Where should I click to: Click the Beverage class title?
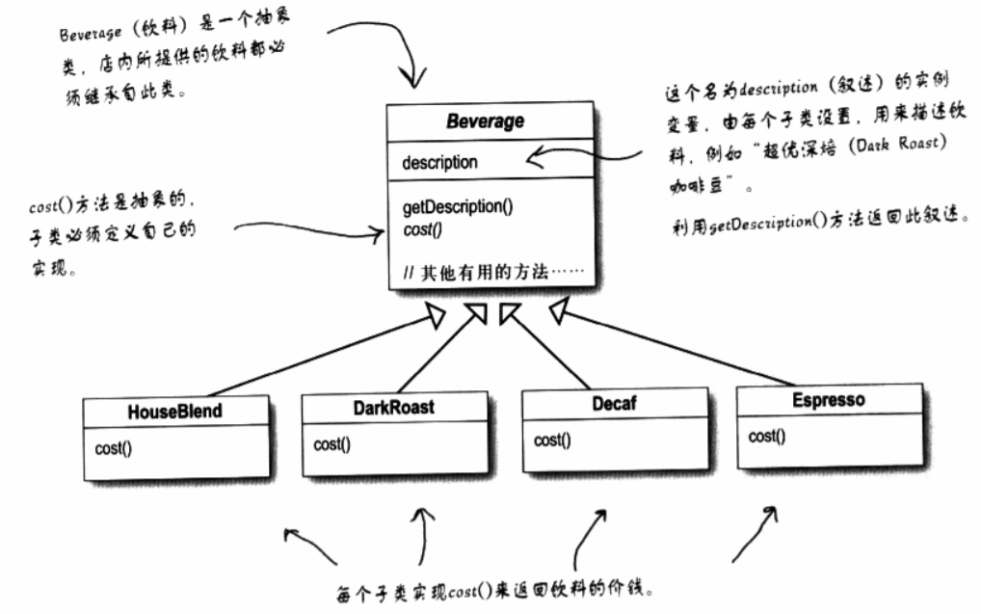(x=485, y=122)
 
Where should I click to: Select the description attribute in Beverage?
(x=439, y=162)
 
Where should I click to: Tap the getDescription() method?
(x=457, y=207)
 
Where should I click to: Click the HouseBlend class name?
(x=174, y=411)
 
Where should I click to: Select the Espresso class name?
(x=828, y=399)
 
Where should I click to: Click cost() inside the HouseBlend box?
(x=114, y=448)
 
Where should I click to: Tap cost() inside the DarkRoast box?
(x=332, y=444)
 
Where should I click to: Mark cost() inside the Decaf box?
(x=552, y=440)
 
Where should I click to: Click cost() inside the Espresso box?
(x=767, y=437)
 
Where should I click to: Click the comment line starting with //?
(x=490, y=273)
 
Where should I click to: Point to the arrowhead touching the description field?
(x=536, y=156)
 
